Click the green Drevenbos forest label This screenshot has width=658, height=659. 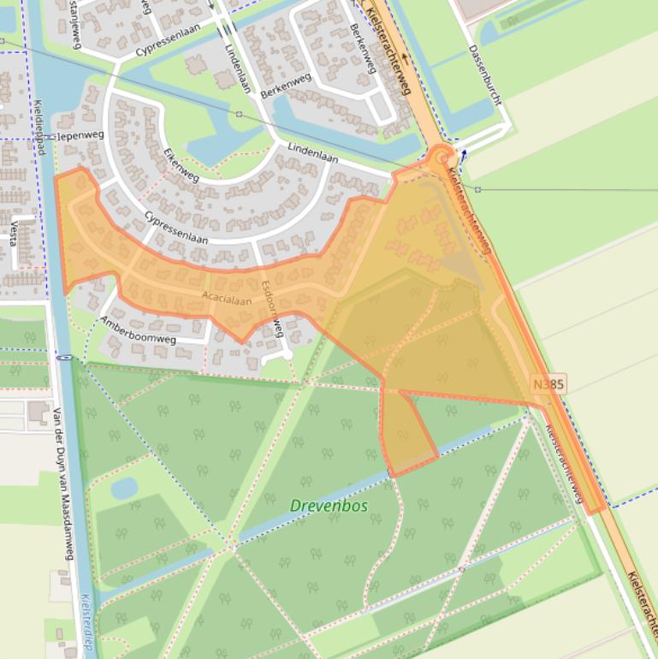click(329, 506)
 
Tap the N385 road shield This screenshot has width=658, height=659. click(548, 385)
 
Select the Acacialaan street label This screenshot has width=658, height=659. click(227, 300)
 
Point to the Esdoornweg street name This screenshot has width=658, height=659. click(271, 306)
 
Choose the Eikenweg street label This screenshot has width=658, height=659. click(181, 165)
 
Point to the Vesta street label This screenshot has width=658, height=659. click(15, 232)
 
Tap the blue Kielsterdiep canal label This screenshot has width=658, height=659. click(86, 625)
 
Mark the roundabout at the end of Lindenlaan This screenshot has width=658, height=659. click(440, 157)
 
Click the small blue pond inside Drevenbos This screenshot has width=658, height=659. click(124, 487)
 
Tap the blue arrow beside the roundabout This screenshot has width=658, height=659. click(463, 155)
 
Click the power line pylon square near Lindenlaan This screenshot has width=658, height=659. click(239, 114)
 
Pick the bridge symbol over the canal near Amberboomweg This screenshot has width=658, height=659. click(63, 358)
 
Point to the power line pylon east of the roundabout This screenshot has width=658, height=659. click(477, 189)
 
